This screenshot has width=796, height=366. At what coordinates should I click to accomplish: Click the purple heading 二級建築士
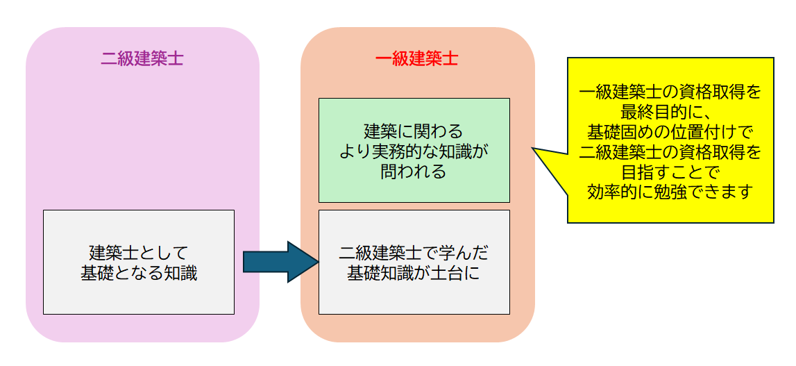pos(142,59)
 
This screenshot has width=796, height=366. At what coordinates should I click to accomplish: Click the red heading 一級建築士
pos(416,59)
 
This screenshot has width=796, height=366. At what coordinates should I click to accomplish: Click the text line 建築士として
pos(139,252)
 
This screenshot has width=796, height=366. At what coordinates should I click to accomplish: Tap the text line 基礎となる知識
pos(139,274)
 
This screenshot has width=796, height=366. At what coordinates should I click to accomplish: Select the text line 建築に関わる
pos(414,131)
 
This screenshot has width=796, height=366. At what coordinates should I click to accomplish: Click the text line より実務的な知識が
pos(414,151)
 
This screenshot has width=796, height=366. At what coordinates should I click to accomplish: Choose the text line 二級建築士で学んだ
pos(414,252)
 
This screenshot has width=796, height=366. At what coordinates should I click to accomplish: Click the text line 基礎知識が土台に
pos(414,274)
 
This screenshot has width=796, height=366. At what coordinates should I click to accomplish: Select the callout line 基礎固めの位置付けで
pos(670,131)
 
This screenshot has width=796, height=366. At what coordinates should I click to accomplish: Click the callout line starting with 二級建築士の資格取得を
pos(670,151)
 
